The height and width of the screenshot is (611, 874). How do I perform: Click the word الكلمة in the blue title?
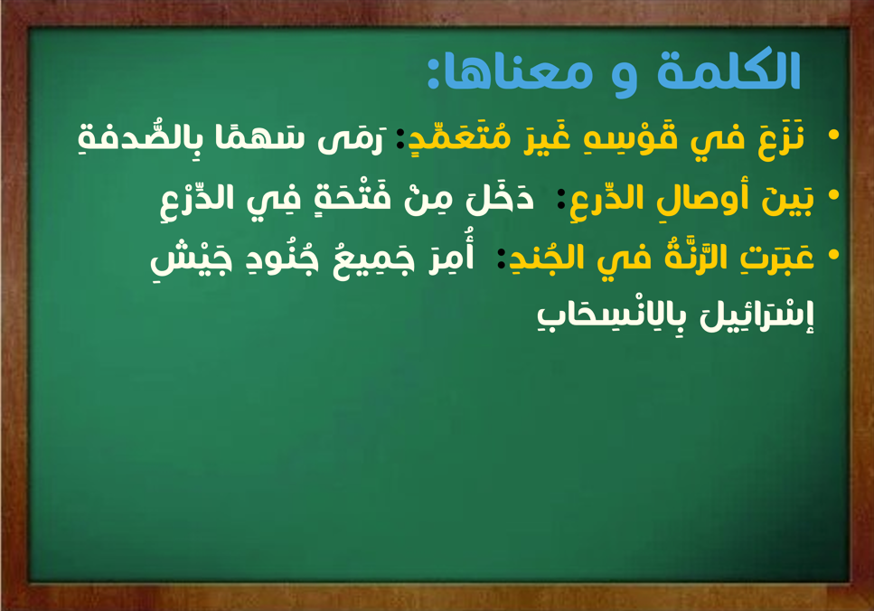pyautogui.click(x=728, y=70)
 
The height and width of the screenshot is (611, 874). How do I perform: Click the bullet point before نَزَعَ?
pyautogui.click(x=834, y=135)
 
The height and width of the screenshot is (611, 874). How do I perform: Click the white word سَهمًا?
pyautogui.click(x=259, y=137)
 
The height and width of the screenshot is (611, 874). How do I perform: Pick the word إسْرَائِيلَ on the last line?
pyautogui.click(x=757, y=316)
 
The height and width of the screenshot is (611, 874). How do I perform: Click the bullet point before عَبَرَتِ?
pyautogui.click(x=834, y=255)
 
